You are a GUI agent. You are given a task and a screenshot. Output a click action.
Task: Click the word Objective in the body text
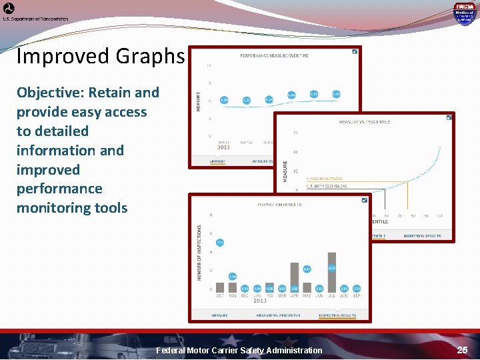point(49,93)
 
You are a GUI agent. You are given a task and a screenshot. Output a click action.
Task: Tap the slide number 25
point(462,350)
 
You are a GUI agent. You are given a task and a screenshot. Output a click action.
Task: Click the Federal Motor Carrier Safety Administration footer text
point(239,350)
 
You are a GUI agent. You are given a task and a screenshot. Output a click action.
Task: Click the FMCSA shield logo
point(464,13)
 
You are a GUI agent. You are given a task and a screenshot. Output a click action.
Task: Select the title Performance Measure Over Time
point(275,55)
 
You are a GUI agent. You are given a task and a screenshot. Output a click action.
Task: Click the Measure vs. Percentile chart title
point(364,122)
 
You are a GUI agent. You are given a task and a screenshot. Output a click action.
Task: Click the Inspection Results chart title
point(279,204)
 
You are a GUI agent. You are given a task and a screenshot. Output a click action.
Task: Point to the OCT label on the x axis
point(220,295)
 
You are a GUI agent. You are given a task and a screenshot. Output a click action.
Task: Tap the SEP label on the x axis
point(357,295)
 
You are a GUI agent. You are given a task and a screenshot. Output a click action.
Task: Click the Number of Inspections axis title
point(199,251)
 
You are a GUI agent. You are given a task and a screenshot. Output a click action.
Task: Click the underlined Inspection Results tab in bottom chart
point(337,315)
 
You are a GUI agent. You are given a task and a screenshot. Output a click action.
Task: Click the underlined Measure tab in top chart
point(218,161)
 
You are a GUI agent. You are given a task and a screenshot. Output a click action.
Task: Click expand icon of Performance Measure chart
point(355,51)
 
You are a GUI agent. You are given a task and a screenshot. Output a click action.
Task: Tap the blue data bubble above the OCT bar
point(219,243)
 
